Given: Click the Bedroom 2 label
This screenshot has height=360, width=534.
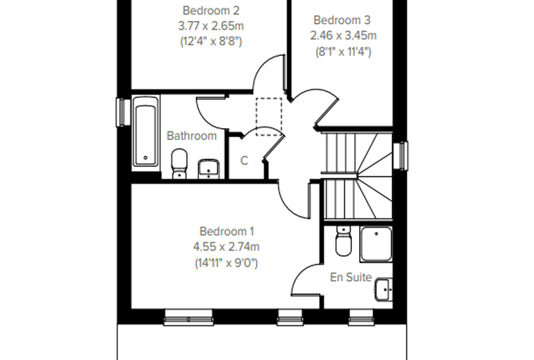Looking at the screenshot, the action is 211,11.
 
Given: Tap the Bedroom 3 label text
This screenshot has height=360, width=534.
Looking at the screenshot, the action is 341,20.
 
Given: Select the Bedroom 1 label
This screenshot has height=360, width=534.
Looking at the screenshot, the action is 226,231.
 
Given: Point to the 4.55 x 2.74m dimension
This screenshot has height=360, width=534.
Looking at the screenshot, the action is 226,247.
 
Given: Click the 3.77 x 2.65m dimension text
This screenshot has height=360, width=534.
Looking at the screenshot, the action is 211,26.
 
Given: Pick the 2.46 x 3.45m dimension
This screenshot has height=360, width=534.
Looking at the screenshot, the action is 344,35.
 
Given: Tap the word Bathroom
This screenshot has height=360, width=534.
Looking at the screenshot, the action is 192,136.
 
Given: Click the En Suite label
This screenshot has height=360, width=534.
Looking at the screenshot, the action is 351,277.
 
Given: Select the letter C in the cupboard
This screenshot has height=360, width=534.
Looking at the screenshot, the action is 245,160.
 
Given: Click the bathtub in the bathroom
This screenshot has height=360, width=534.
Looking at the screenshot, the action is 145,131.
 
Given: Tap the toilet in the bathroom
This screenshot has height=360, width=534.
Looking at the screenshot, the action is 179,164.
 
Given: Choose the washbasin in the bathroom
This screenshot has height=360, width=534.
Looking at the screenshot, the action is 209,169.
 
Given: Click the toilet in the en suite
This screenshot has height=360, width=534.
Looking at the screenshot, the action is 343,240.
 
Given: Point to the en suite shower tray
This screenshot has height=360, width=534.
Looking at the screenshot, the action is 377,244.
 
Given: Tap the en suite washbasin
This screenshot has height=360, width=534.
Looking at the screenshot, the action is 384,290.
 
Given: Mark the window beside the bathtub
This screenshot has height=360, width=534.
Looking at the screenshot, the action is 122,112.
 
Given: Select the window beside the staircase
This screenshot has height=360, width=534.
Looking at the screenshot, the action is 400,155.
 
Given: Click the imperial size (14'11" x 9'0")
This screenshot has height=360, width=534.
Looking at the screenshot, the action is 226,263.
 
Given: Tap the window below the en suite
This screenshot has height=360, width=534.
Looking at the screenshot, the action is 361,317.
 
